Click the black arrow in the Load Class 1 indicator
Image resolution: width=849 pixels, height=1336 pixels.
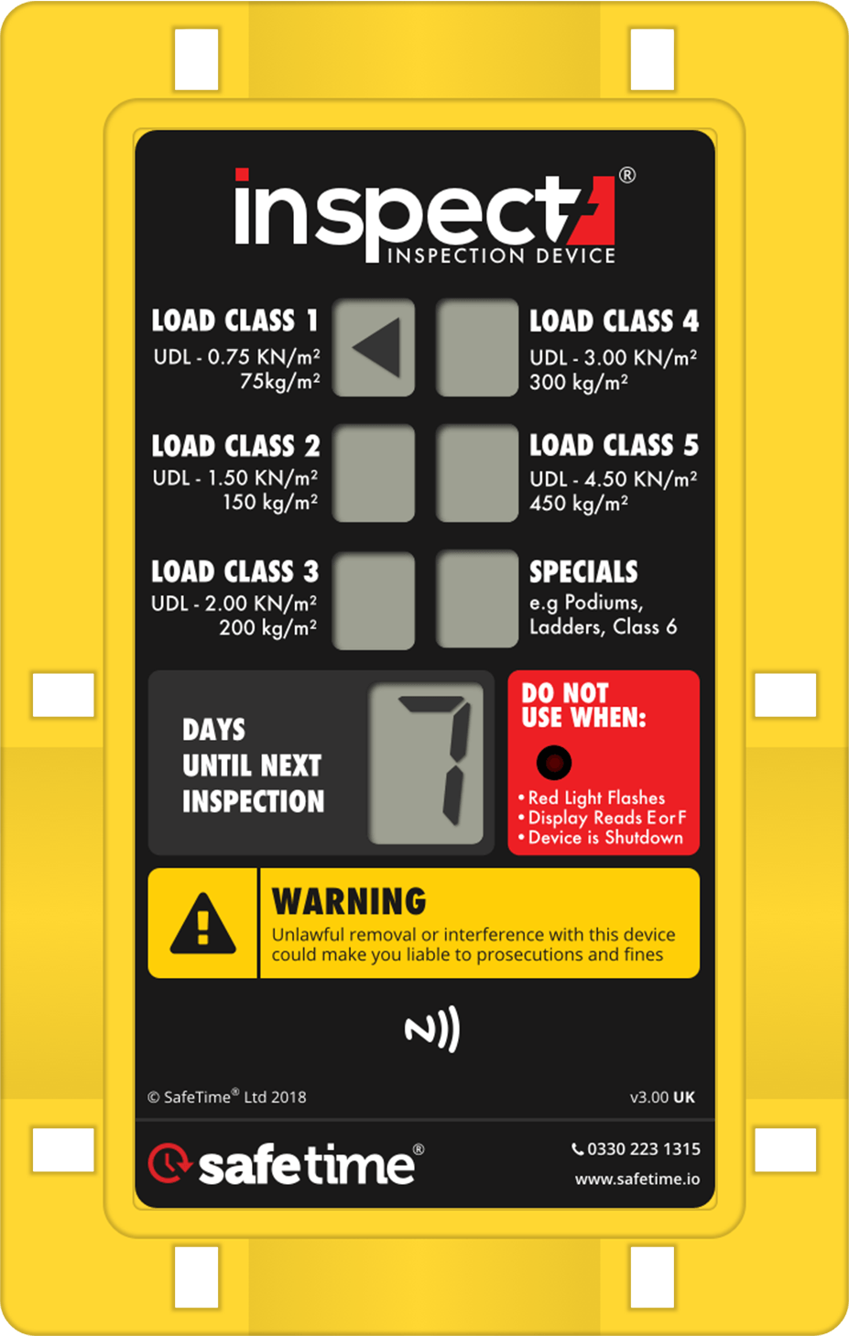pos(378,348)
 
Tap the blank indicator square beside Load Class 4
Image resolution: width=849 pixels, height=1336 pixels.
pos(476,348)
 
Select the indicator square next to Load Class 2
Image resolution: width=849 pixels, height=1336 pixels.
pos(373,473)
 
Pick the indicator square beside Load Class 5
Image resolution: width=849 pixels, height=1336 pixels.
pos(476,473)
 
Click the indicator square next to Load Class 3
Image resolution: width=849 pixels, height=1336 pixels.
pos(373,600)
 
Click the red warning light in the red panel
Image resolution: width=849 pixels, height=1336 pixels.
pos(554,761)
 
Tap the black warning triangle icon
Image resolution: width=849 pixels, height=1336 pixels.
pos(203,923)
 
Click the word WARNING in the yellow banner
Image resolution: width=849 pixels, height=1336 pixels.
pos(349,901)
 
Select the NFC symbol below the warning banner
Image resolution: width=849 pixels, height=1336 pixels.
pos(432,1030)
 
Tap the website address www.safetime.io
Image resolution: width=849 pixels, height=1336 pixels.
pos(637,1179)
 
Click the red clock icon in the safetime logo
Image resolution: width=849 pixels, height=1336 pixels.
pos(169,1163)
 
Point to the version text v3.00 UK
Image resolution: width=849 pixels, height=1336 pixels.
pos(662,1097)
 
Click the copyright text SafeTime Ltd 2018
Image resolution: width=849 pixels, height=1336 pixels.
pos(227,1097)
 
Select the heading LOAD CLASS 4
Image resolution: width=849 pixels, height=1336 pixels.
pos(614,320)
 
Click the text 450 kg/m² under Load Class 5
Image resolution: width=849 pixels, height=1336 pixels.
pos(579,503)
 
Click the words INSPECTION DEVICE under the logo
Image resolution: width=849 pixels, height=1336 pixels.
pos(501,255)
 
